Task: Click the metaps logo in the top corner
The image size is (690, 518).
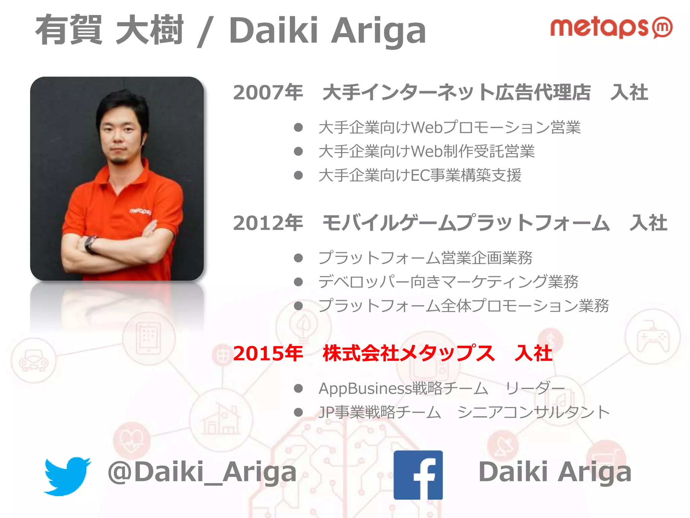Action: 610,28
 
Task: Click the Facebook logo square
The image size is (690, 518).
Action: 418,475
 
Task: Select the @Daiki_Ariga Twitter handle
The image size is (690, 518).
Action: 202,472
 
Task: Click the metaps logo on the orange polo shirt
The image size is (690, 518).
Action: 141,211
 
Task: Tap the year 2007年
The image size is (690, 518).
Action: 268,93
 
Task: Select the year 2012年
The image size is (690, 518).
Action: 268,223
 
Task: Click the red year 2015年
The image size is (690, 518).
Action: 268,354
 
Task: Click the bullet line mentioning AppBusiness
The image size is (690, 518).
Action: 441,388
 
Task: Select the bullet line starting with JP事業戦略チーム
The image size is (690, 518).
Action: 464,412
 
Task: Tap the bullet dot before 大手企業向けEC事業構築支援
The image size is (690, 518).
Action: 298,175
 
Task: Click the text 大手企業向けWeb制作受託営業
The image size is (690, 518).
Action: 426,151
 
